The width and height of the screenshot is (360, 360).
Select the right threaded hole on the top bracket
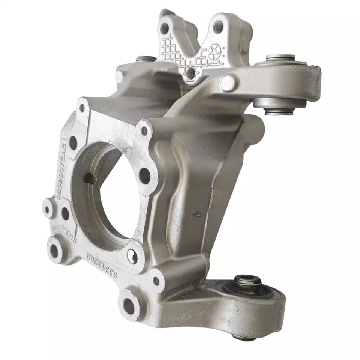(219, 26)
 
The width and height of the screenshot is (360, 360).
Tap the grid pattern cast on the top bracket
(176, 56)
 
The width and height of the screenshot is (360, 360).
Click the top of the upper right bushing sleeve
(280, 58)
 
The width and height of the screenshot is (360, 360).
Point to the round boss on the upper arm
(228, 84)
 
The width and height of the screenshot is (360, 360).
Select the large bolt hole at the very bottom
(129, 306)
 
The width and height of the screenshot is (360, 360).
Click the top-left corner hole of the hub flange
(82, 108)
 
